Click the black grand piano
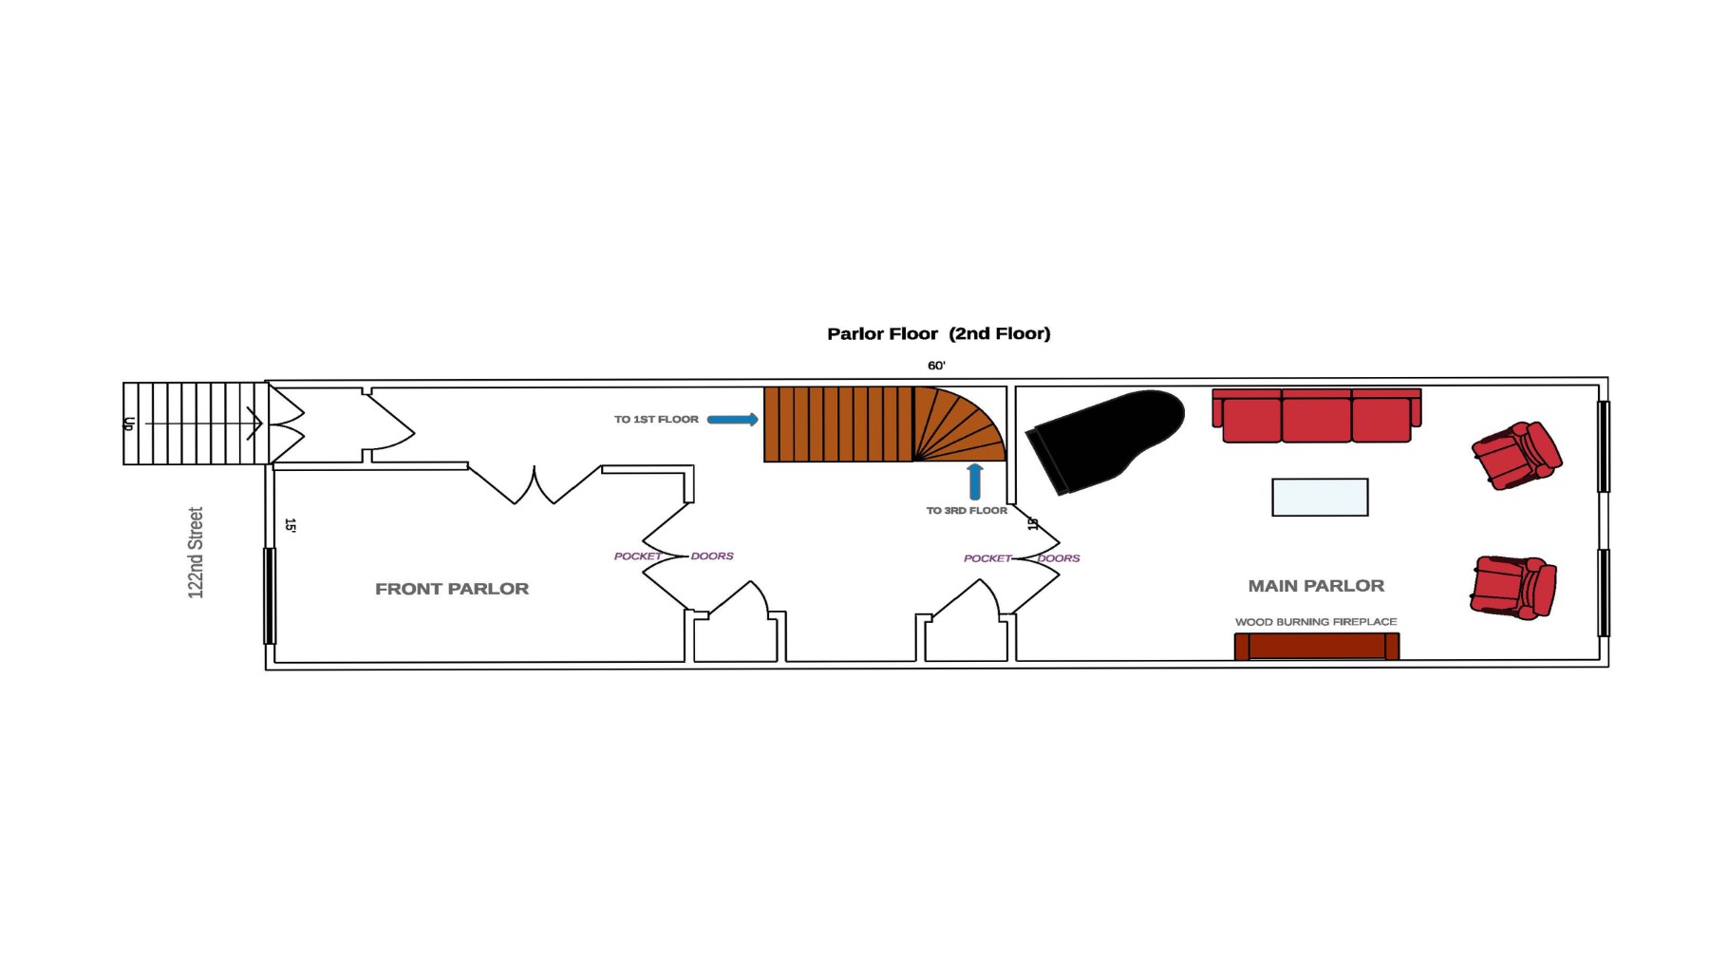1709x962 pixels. [1111, 437]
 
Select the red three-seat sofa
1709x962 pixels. [1316, 416]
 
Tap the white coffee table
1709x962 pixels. [1320, 498]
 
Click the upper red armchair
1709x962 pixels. [1515, 455]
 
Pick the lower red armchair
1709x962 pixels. [1512, 588]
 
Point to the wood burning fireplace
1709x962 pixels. [1316, 647]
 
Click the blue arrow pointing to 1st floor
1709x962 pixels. [733, 419]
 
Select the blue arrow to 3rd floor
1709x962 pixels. [974, 481]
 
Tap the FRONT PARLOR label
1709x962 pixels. [452, 589]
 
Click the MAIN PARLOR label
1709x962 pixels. [1316, 586]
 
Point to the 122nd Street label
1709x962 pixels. [196, 553]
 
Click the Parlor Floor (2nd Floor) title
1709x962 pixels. [938, 333]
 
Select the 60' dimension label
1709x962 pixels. [936, 366]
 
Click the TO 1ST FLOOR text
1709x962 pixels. [656, 419]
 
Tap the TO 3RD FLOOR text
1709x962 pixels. [967, 511]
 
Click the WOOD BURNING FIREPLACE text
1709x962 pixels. [1316, 622]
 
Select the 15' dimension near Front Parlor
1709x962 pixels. [291, 525]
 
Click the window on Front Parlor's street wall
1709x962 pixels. [270, 595]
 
